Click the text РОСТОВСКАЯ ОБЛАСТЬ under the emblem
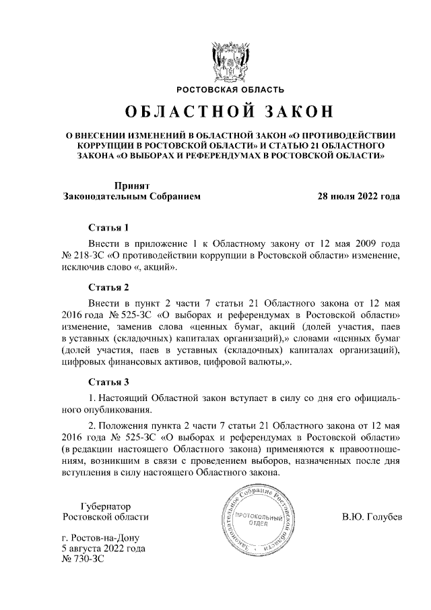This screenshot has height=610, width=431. pyautogui.click(x=230, y=90)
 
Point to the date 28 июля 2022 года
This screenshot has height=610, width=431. pyautogui.click(x=358, y=197)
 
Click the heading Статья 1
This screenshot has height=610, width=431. pyautogui.click(x=108, y=226)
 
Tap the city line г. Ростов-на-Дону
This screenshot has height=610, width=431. pyautogui.click(x=99, y=537)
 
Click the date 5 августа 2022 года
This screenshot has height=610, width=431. pyautogui.click(x=103, y=549)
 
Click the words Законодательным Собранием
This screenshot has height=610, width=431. pyautogui.click(x=131, y=197)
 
